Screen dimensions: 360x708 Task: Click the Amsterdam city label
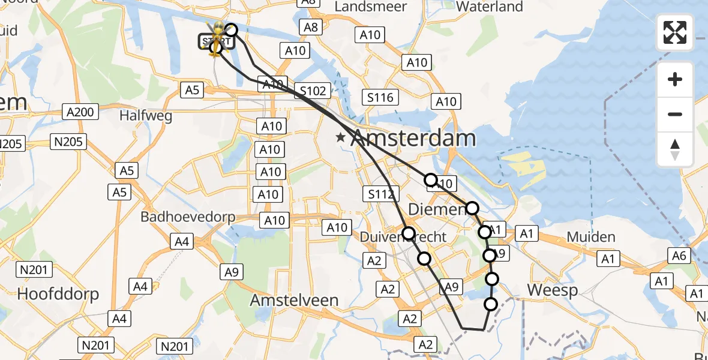413,139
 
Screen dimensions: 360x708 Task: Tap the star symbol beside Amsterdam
341,138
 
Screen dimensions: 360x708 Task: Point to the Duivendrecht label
403,237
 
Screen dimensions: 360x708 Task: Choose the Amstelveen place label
294,300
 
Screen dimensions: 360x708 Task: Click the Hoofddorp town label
58,294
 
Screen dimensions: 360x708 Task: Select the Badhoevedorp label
187,217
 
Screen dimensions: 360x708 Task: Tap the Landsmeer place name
370,7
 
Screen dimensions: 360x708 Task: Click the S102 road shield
313,91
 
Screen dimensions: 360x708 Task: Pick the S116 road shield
381,97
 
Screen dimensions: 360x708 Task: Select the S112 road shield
380,194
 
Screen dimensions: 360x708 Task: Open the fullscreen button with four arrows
675,32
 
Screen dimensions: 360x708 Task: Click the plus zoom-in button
675,79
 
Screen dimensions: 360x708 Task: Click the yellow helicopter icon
215,36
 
